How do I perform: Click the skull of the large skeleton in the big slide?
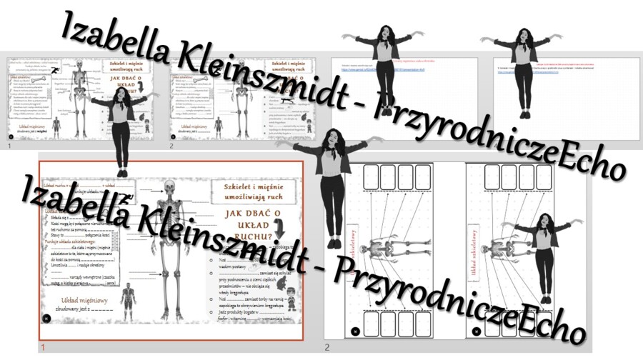tap(169, 187)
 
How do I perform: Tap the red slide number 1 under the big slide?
tap(43, 348)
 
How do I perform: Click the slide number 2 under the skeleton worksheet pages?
tap(328, 348)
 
